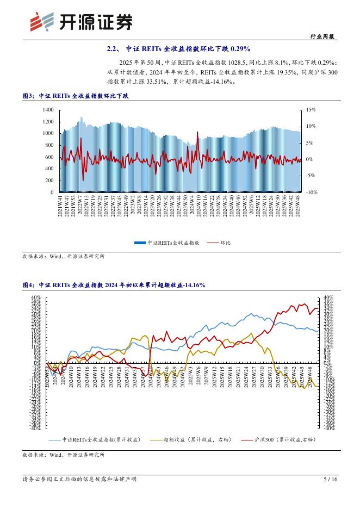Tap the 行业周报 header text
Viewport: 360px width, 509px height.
tap(326, 36)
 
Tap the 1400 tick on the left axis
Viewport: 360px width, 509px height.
tap(47, 110)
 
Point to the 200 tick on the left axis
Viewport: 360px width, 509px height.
tap(49, 181)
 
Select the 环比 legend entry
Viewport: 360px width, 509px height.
tap(219, 243)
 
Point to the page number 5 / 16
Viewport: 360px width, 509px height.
tap(331, 479)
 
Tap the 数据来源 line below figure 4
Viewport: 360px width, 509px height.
tap(63, 454)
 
